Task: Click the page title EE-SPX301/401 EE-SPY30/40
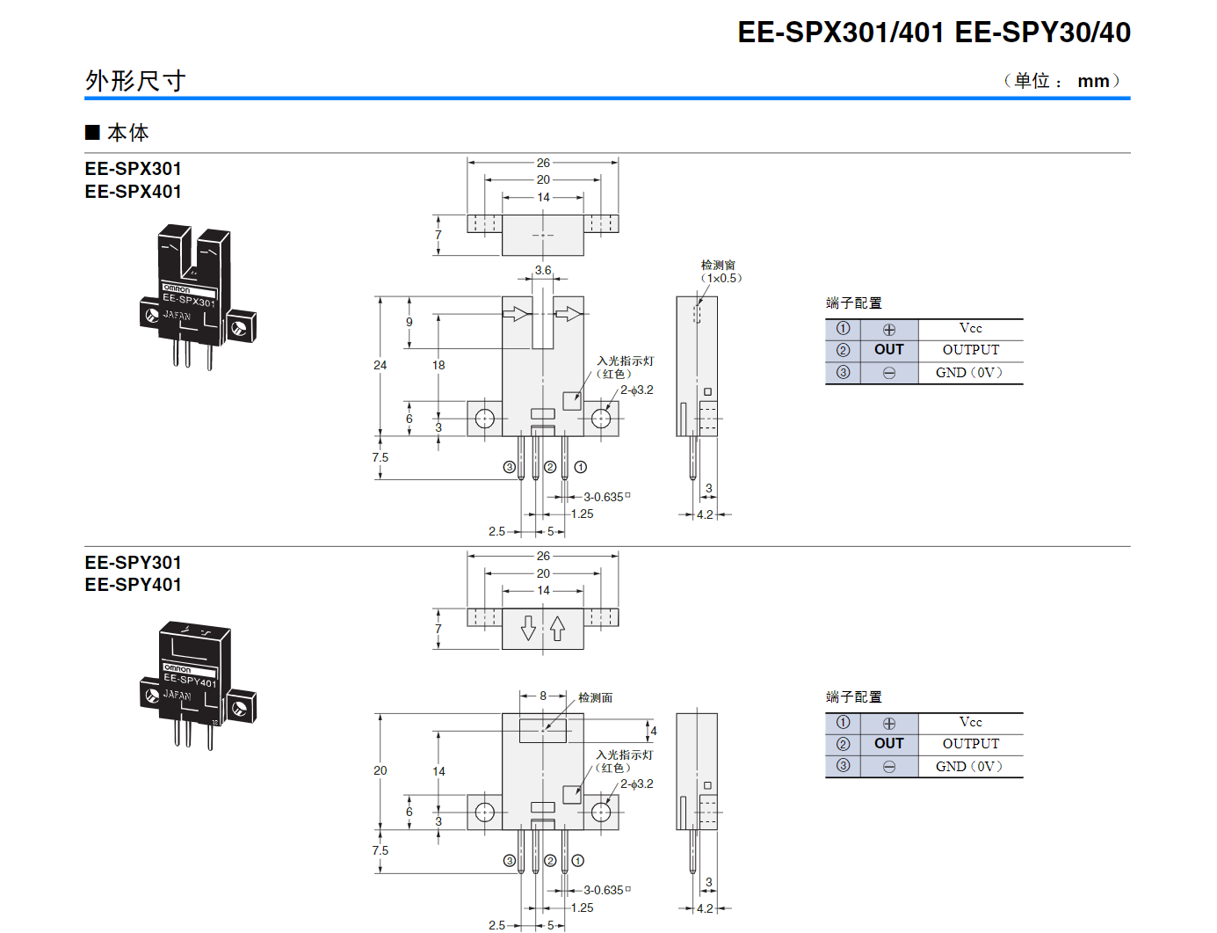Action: click(933, 33)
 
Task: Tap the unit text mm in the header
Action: click(1093, 81)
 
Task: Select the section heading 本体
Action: click(127, 133)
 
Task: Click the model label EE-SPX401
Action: click(134, 192)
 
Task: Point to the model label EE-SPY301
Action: click(134, 563)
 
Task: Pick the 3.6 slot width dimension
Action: click(543, 271)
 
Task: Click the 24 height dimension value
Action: click(380, 365)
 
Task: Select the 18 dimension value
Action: click(438, 365)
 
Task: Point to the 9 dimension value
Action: click(409, 322)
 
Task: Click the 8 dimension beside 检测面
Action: click(543, 696)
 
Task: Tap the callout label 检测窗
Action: click(718, 265)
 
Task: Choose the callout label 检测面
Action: click(595, 697)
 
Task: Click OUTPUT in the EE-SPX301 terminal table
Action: click(970, 350)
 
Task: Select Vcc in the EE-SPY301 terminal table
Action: click(970, 722)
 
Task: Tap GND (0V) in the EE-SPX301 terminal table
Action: click(968, 373)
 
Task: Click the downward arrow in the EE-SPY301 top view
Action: click(528, 628)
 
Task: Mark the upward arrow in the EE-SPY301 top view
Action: click(558, 628)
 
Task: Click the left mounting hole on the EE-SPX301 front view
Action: click(484, 419)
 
